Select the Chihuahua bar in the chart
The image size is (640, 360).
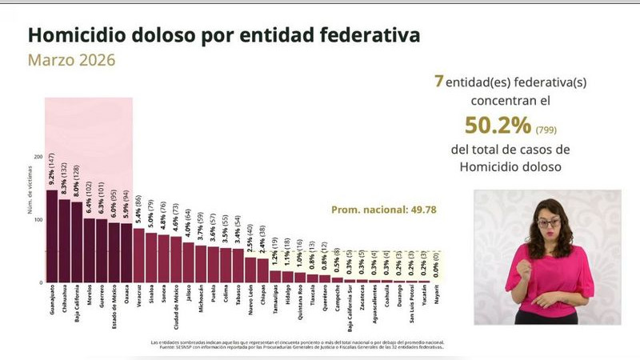point(64,241)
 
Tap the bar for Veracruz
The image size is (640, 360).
point(138,255)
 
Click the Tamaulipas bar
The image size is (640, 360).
point(275,277)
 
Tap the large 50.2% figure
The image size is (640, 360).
point(498,126)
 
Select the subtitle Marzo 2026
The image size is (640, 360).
point(72,60)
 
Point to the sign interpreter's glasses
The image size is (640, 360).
point(548,222)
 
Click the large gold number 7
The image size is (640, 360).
point(438,82)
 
